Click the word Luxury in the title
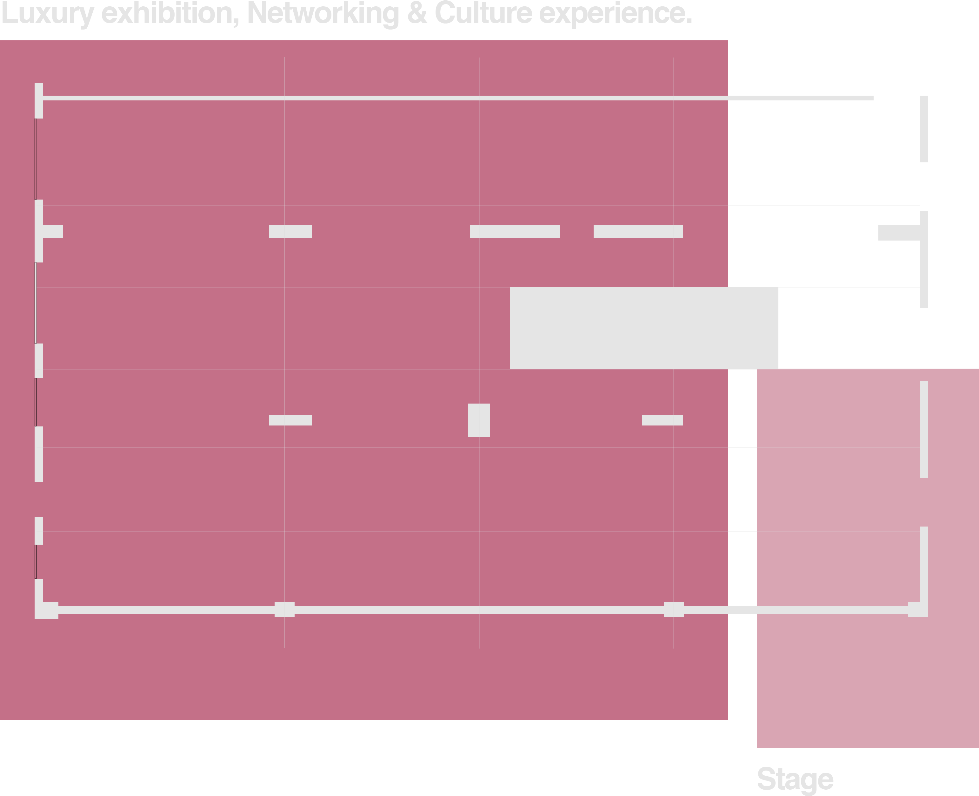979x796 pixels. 47,14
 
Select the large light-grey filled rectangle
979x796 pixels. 644,328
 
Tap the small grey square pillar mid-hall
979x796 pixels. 479,420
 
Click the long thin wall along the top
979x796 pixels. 458,98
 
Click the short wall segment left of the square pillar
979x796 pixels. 290,420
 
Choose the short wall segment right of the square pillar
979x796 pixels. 663,420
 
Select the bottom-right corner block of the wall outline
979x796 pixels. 918,609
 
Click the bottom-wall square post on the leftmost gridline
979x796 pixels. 284,609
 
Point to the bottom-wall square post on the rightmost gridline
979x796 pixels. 674,609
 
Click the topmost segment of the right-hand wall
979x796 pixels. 924,129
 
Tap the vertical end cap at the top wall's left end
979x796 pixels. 39,101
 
